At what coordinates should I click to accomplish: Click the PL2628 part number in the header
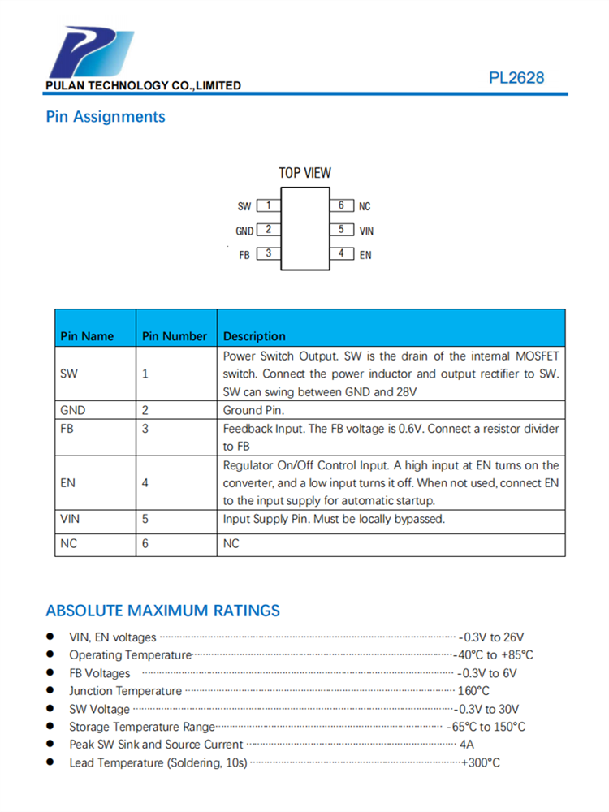(x=516, y=79)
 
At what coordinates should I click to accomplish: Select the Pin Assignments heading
(x=106, y=117)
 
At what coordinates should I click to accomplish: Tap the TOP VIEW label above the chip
(x=304, y=173)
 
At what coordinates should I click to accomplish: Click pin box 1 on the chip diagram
(x=268, y=205)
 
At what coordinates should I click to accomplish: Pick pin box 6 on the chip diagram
(x=341, y=205)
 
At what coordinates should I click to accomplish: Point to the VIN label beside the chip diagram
(x=366, y=231)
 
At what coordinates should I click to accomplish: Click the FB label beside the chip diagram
(x=244, y=255)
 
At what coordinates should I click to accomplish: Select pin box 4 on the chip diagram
(x=341, y=254)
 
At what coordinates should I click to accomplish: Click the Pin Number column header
(x=175, y=336)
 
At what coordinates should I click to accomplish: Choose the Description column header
(x=254, y=336)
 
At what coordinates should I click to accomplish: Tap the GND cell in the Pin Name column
(x=73, y=410)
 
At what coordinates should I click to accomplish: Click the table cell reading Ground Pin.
(x=255, y=410)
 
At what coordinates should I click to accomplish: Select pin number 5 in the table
(x=145, y=519)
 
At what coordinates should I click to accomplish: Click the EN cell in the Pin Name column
(x=68, y=482)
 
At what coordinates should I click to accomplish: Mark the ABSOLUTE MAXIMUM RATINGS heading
(x=162, y=611)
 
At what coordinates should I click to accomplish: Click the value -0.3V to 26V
(x=492, y=637)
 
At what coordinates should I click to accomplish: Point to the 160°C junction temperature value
(x=475, y=691)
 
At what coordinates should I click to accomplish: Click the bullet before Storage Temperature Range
(x=50, y=726)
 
